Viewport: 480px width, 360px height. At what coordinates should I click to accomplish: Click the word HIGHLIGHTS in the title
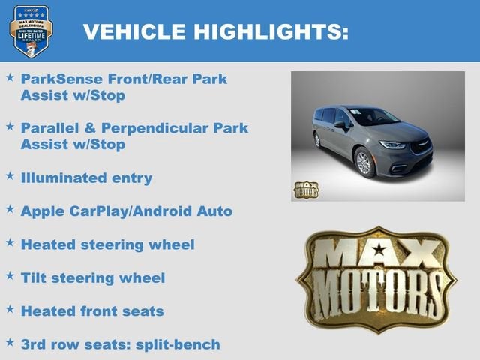point(269,31)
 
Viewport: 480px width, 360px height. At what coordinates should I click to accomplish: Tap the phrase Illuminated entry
point(86,178)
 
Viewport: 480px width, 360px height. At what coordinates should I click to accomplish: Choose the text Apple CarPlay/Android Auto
point(126,211)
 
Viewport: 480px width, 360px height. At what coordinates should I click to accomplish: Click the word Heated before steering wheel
point(47,244)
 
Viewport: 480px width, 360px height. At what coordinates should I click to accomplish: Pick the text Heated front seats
point(92,310)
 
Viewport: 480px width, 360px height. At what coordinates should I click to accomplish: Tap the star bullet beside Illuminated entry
point(10,176)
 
